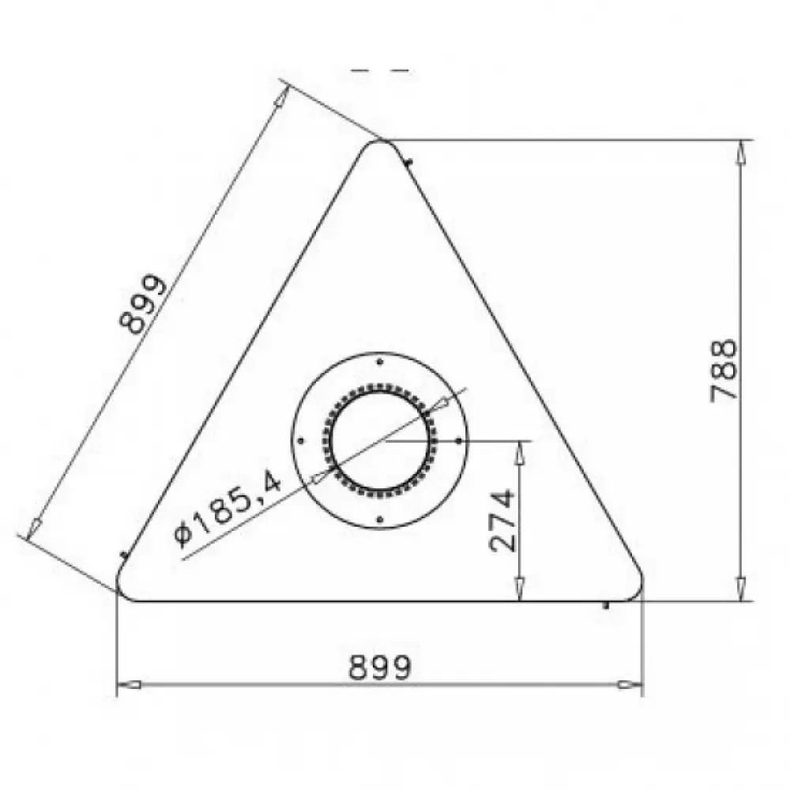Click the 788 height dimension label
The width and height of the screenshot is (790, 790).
[x=724, y=371]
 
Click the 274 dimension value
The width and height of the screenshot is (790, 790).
[x=502, y=520]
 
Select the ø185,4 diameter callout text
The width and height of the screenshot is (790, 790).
[x=228, y=510]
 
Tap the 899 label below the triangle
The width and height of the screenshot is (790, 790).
[x=380, y=667]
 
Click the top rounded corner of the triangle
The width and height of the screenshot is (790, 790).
[x=381, y=142]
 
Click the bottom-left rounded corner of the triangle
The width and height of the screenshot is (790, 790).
[x=122, y=589]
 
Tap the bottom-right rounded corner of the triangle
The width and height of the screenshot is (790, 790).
[x=637, y=589]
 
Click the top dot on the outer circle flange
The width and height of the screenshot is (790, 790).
[x=380, y=362]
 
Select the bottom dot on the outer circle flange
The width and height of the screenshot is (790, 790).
[x=380, y=520]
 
